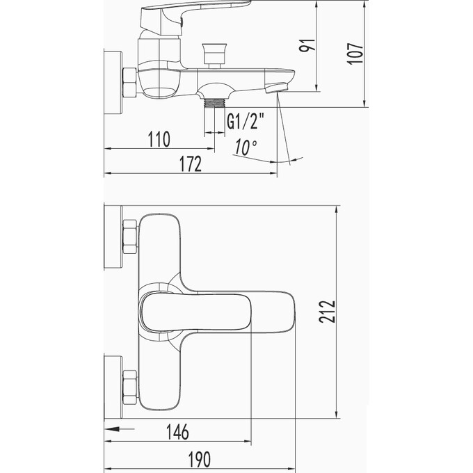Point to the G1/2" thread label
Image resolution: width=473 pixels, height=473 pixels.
(x=246, y=123)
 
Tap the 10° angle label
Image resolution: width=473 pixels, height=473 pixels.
(x=245, y=147)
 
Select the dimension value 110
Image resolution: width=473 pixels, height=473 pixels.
(x=159, y=140)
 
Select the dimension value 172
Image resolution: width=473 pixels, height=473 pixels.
(x=189, y=165)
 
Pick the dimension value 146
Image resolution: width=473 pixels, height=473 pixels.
(x=178, y=432)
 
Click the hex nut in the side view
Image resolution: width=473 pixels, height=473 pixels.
(x=129, y=83)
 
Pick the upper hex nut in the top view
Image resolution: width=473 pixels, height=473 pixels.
(x=129, y=237)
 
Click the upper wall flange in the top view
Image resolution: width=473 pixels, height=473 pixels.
(x=112, y=236)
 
